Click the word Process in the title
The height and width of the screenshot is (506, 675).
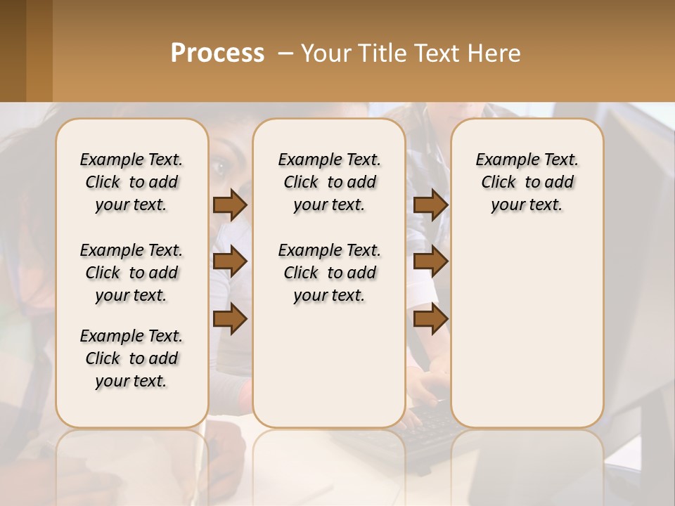coord(217,53)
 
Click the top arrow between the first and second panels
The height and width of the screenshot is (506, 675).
coord(230,205)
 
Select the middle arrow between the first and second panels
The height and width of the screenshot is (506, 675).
coord(230,262)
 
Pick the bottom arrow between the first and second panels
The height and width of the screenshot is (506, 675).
coord(230,319)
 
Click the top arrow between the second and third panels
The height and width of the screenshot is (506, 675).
coord(430,205)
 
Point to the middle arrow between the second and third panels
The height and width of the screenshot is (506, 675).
coord(430,262)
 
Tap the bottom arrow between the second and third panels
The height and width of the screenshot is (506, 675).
coord(430,319)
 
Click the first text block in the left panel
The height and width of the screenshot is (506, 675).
coord(131,182)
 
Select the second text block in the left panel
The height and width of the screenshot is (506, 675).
coord(131,273)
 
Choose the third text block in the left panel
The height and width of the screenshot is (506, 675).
coord(131,358)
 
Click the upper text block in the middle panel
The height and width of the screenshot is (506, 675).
coord(329,182)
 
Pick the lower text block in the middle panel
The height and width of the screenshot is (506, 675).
coord(329,273)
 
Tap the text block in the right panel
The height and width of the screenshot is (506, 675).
coord(527,182)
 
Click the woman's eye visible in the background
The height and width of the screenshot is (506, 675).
coord(219,167)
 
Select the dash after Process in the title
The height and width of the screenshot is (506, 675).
coord(285,53)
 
